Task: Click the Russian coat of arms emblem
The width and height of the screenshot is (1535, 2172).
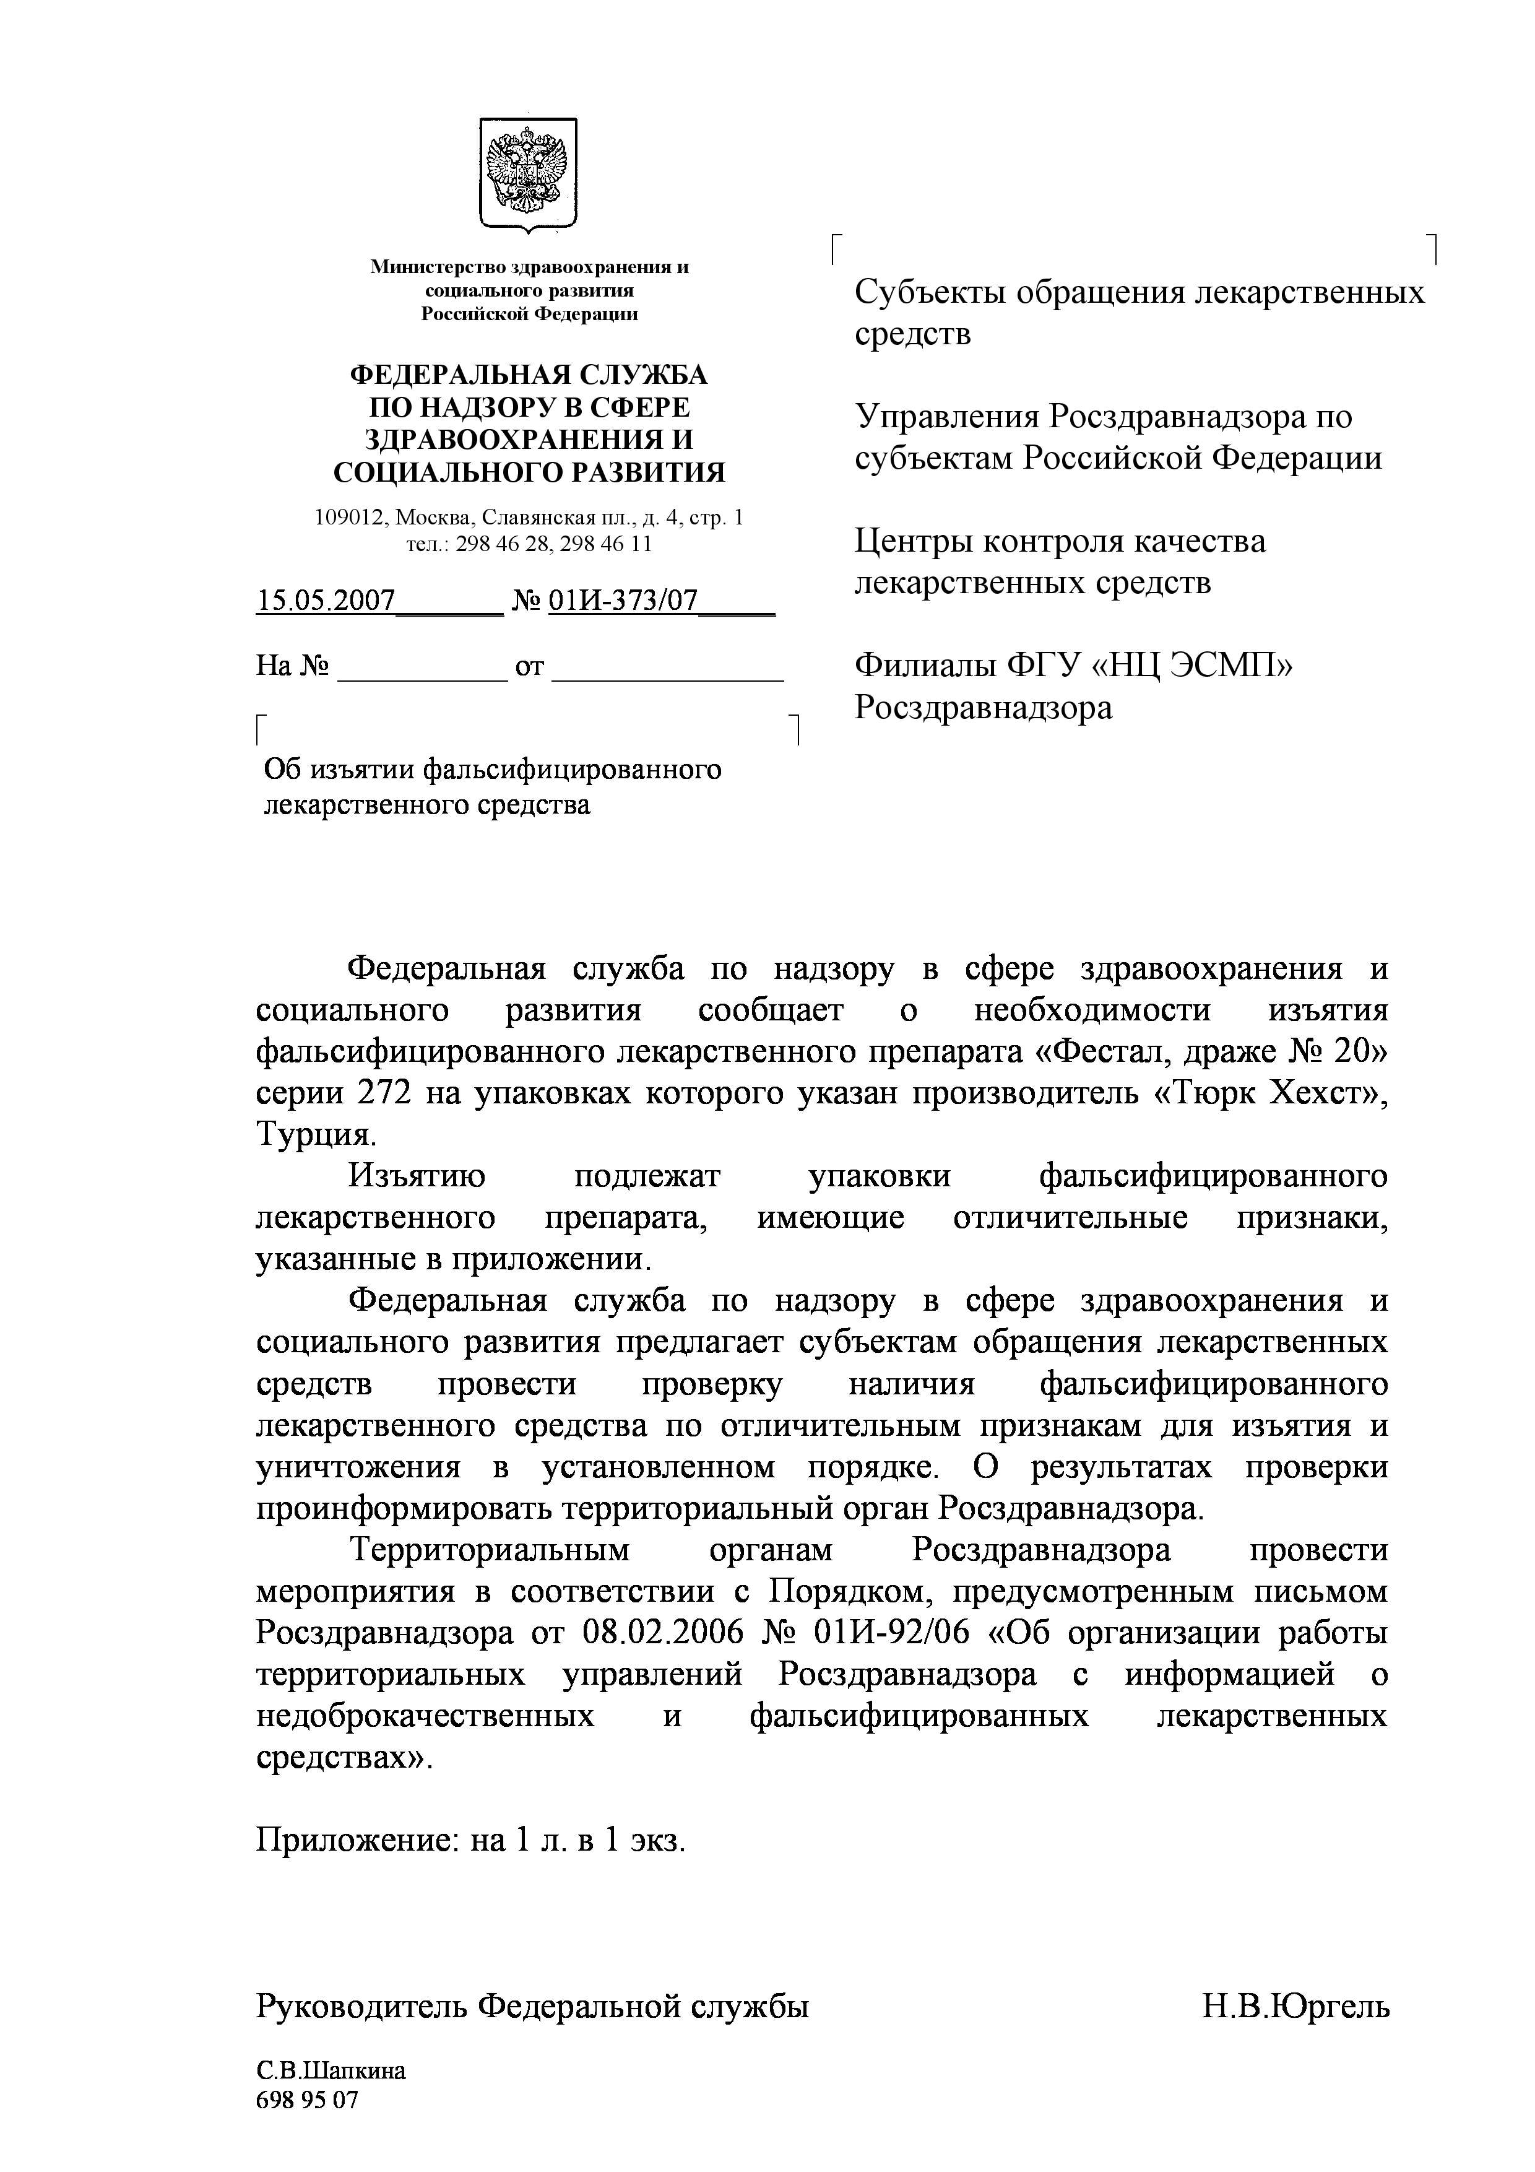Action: coord(528,173)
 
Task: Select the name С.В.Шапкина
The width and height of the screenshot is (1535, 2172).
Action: coord(331,2072)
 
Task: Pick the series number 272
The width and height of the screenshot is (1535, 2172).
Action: coord(383,1093)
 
